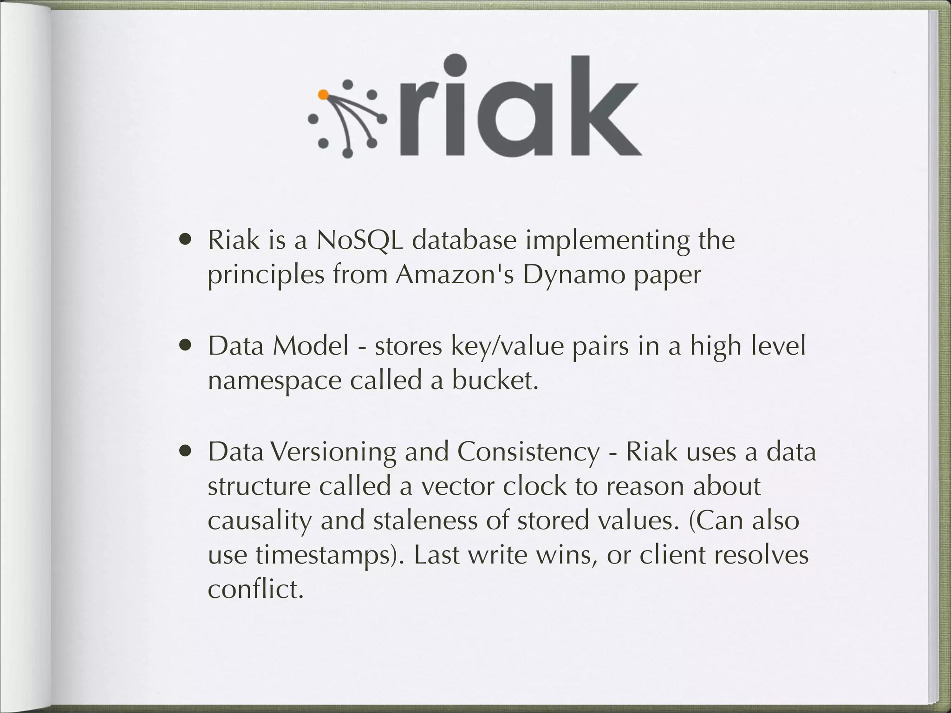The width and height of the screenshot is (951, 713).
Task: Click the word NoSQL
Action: (x=359, y=240)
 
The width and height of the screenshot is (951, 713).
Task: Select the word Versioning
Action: (x=333, y=452)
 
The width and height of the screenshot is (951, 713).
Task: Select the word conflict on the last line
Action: (x=255, y=590)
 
